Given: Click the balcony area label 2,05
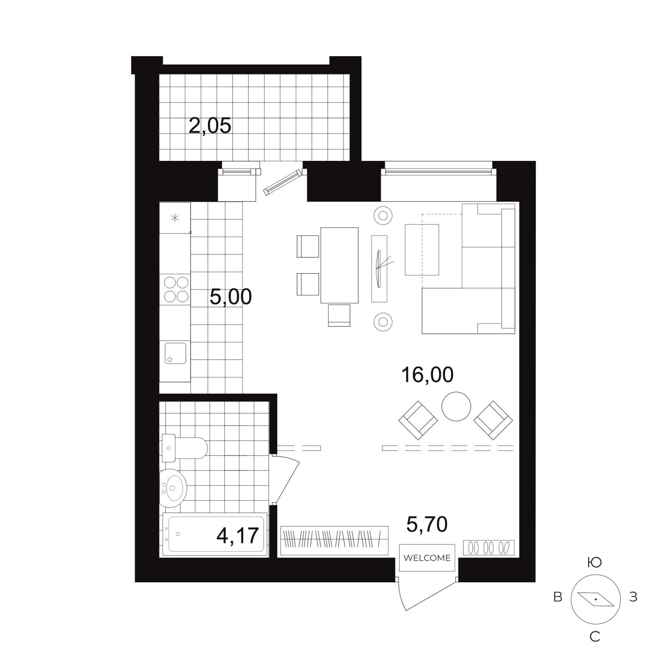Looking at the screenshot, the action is (x=210, y=126).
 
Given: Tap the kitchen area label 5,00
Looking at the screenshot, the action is (x=231, y=297).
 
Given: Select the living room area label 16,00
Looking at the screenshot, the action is (x=427, y=375).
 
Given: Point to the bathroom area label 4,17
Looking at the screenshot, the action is (x=238, y=536).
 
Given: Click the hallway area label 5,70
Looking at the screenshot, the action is (x=427, y=525).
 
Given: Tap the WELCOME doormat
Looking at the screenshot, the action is (x=427, y=558).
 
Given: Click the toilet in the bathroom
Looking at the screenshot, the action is (x=184, y=448).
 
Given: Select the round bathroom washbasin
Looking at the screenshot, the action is (x=173, y=488).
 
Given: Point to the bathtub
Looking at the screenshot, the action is (x=215, y=534).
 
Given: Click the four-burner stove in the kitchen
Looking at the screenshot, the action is (x=176, y=289).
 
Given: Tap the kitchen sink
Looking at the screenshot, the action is (x=175, y=353).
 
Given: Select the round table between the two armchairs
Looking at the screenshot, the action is (x=456, y=406).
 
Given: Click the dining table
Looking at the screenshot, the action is (x=339, y=265).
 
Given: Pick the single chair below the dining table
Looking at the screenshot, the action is (x=339, y=315).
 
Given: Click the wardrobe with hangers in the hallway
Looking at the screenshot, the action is (x=335, y=541).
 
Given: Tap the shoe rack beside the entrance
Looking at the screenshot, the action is (x=488, y=548).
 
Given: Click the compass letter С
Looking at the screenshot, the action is (x=595, y=637).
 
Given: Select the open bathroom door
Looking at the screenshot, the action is (x=286, y=479).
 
